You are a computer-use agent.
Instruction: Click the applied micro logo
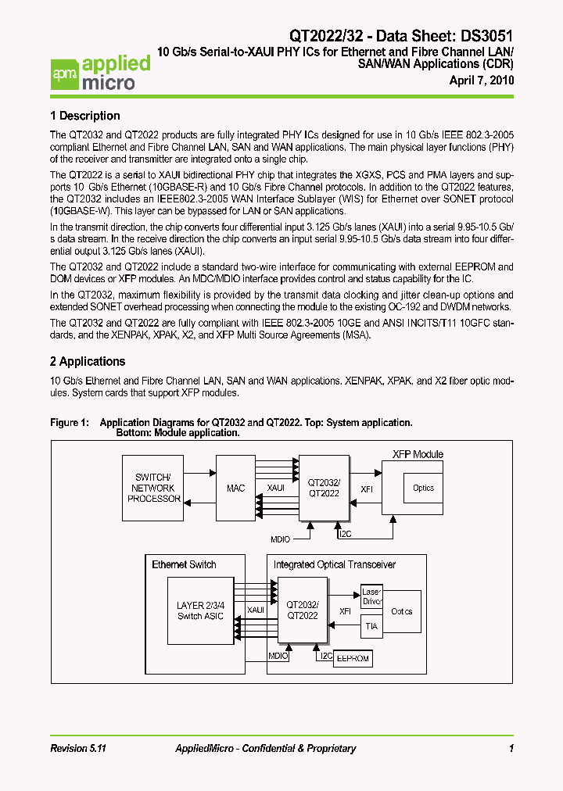[100, 73]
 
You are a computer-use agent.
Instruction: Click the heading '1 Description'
[84, 116]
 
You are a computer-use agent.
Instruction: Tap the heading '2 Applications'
[88, 361]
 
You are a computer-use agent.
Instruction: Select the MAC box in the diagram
[235, 488]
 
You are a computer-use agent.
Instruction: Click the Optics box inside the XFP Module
[423, 488]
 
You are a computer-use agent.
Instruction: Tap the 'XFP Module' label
[417, 454]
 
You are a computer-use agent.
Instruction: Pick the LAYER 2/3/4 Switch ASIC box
[200, 610]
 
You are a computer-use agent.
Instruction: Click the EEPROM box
[353, 659]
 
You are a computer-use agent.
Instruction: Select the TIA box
[371, 626]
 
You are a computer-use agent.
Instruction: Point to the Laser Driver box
[371, 597]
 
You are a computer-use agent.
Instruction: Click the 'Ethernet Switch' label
[184, 564]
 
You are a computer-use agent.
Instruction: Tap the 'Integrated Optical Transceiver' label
[334, 564]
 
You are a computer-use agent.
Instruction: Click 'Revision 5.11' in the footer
[77, 749]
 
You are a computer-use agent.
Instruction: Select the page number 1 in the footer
[511, 749]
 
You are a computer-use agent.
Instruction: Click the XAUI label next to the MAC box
[275, 488]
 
